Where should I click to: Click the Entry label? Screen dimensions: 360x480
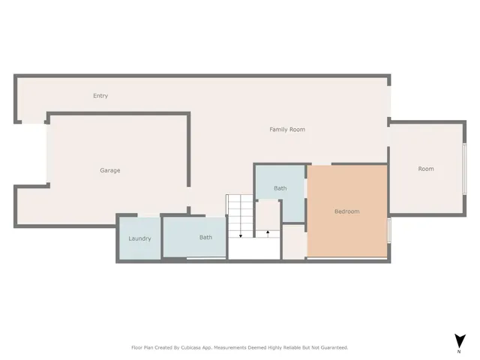click(x=100, y=96)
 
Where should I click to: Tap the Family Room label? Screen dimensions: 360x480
click(x=287, y=130)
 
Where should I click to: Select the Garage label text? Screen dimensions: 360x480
click(x=110, y=171)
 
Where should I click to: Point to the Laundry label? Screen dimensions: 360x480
click(x=139, y=238)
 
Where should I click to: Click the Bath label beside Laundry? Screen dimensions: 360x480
click(x=205, y=238)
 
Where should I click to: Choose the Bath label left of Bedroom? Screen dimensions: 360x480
click(x=280, y=188)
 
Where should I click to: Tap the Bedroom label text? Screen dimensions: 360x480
click(x=346, y=211)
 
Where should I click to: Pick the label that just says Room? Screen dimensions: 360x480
click(x=426, y=169)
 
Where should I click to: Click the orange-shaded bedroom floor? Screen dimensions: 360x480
click(x=346, y=232)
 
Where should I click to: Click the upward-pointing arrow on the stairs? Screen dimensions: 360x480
click(x=268, y=233)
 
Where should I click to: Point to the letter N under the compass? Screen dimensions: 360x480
click(x=458, y=351)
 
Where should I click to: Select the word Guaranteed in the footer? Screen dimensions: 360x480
click(x=331, y=347)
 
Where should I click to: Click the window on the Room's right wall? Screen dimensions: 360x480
click(x=465, y=169)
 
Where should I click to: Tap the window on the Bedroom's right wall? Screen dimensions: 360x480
click(x=389, y=229)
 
